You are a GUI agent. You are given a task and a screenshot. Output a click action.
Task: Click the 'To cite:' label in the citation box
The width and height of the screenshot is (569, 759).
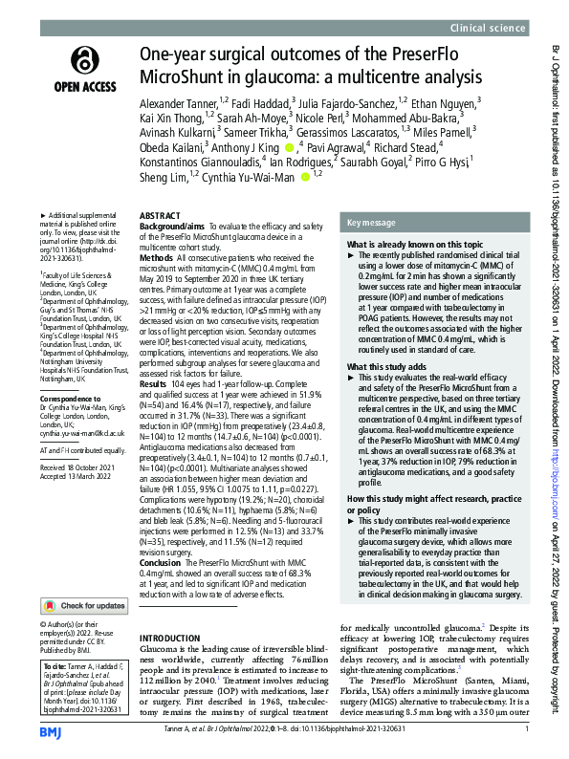click(x=55, y=640)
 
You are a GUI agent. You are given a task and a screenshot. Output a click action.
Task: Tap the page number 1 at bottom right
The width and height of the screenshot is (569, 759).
click(x=527, y=731)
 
